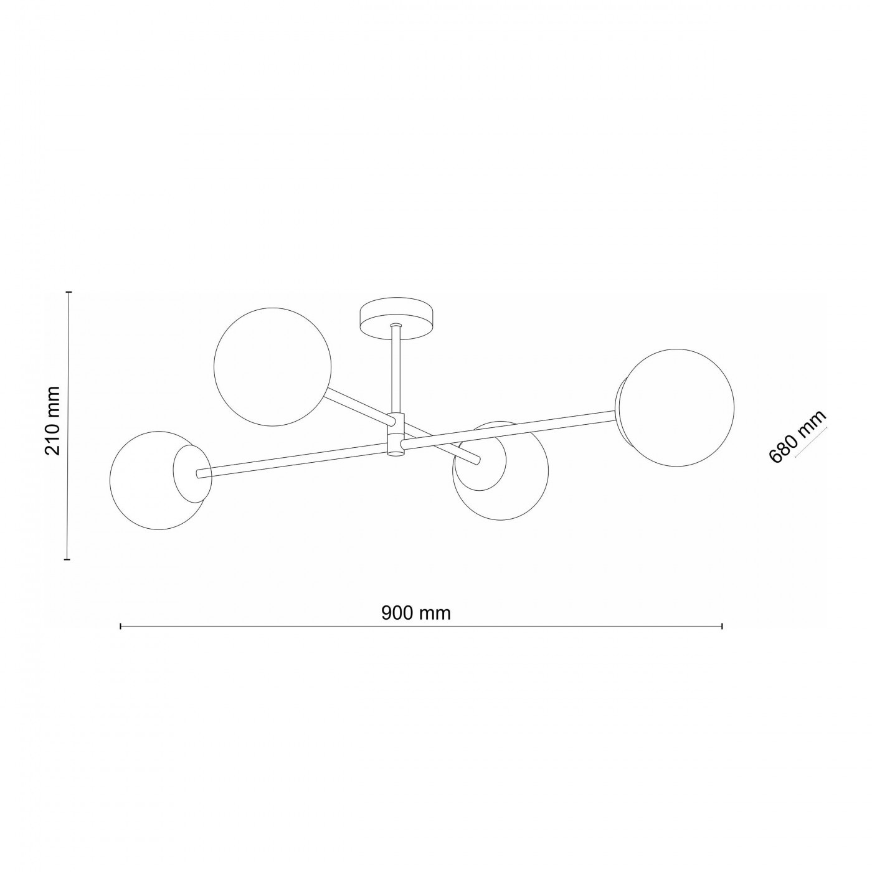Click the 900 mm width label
(416, 613)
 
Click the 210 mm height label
(53, 421)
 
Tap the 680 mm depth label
(797, 436)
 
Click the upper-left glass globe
(272, 367)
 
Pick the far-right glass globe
(676, 408)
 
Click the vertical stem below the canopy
(396, 369)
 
